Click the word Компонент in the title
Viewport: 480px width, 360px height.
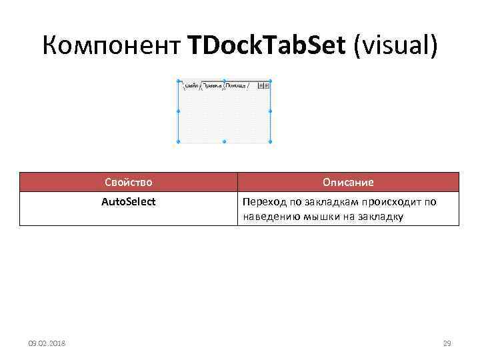111,46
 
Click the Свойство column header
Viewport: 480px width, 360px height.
129,182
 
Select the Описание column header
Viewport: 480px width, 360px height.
348,182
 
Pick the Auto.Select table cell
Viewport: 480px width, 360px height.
129,201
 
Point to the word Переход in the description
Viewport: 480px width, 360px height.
263,201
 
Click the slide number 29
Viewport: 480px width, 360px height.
447,343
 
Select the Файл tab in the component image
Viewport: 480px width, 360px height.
190,86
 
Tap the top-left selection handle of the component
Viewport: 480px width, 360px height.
178,81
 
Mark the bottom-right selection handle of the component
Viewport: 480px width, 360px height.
271,141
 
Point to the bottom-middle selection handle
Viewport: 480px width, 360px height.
224,141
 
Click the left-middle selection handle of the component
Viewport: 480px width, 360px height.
178,111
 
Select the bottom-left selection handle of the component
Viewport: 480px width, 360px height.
178,141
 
